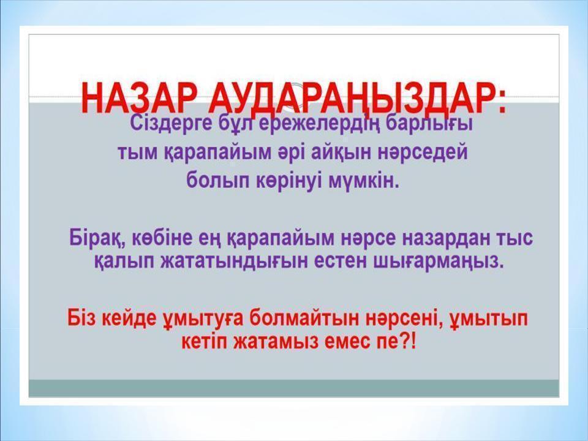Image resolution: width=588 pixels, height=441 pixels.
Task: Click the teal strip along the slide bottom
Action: coord(294,388)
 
